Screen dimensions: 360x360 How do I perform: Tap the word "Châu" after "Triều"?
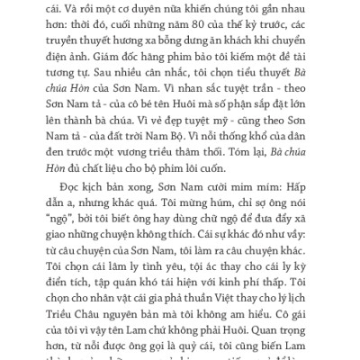coord(92,350)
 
